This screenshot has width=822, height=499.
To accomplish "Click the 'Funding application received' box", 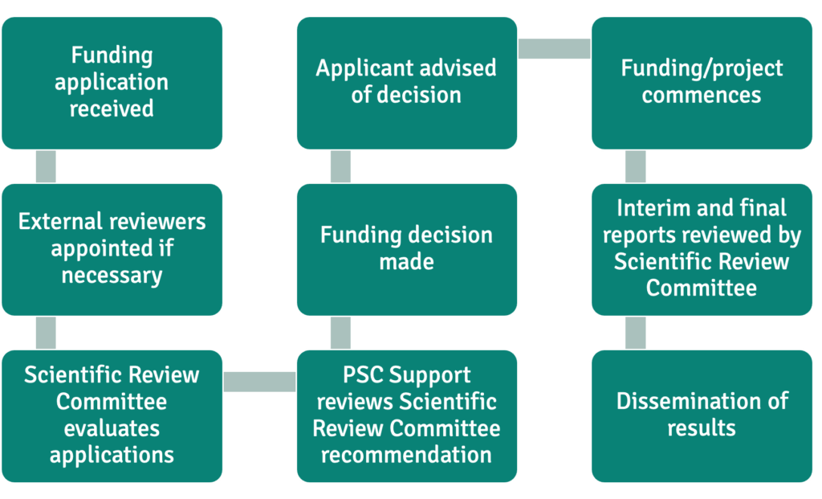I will [x=112, y=83].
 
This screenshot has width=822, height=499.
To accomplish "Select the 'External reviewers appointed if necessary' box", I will [x=112, y=249].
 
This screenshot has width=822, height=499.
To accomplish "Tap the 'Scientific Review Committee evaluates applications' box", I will [x=112, y=415].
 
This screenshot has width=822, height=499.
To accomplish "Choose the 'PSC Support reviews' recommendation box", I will [x=406, y=415].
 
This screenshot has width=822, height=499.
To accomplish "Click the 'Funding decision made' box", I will [x=406, y=249].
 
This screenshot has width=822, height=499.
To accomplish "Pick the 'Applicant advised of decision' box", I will [x=406, y=83].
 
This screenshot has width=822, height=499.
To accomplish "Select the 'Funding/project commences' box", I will [x=702, y=83].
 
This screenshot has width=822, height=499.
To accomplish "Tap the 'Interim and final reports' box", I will [x=702, y=249].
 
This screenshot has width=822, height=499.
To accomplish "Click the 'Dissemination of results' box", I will [x=702, y=415].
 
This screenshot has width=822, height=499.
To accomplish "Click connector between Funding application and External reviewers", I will [x=46, y=166].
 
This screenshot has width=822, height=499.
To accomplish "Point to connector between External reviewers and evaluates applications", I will [x=46, y=332].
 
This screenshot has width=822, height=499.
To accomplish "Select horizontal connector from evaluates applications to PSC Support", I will [x=259, y=381].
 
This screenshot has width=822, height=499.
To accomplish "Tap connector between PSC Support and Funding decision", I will [x=340, y=332].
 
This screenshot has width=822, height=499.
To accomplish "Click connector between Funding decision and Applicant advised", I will [x=340, y=166].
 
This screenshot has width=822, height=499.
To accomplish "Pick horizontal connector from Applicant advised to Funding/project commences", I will [x=554, y=49].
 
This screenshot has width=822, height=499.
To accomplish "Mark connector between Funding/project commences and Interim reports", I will [x=636, y=166].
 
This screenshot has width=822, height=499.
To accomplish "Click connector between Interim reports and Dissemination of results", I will [x=636, y=332].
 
